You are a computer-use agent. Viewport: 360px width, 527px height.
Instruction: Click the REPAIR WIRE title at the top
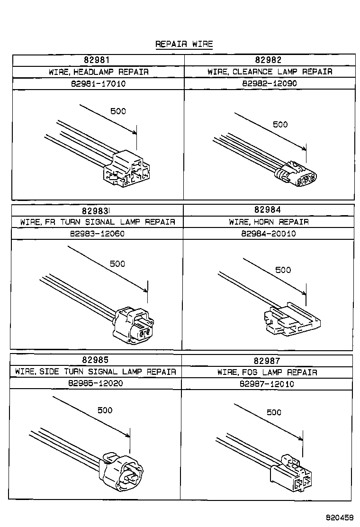tap(184, 44)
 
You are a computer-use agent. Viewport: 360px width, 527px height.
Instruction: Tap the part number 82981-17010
tap(98, 83)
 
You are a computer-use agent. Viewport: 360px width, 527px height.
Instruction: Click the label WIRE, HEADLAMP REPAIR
tap(98, 72)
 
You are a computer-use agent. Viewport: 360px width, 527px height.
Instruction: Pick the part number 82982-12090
tap(270, 83)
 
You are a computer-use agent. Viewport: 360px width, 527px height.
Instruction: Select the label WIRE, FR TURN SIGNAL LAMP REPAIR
tap(97, 222)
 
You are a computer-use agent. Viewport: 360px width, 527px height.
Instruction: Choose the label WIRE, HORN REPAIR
tap(269, 222)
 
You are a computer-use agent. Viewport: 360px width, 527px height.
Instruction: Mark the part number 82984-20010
tap(268, 234)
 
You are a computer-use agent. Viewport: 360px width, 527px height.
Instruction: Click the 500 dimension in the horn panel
tap(283, 270)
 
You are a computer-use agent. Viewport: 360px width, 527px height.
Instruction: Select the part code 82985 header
tap(95, 360)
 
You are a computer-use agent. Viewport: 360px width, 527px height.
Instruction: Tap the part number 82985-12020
tap(95, 383)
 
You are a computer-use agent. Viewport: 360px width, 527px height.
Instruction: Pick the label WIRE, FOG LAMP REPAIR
tap(267, 372)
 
